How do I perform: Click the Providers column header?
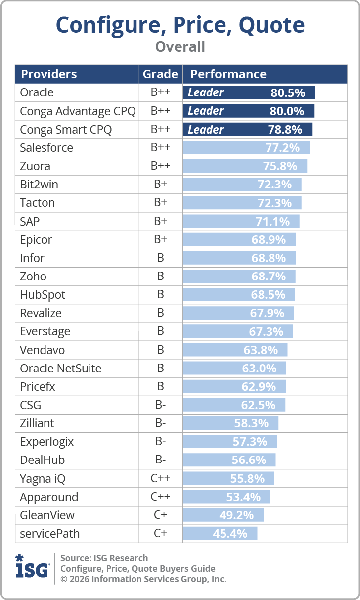point(49,74)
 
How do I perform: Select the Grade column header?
point(160,74)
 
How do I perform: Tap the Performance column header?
point(228,74)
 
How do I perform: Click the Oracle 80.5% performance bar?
point(249,92)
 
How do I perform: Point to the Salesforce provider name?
point(46,148)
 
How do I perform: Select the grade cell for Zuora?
point(160,166)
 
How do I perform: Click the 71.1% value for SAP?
point(272,222)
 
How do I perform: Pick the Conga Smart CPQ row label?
point(66,130)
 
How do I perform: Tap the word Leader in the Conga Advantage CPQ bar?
point(205,111)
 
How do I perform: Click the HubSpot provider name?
point(43,295)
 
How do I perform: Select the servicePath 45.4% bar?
point(220,534)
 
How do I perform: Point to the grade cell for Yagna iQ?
point(160,478)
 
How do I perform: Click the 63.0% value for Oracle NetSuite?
point(259,369)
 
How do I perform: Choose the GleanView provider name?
point(47,515)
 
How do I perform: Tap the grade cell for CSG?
point(160,405)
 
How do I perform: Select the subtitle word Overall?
point(180,46)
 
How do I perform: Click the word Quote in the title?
point(271,25)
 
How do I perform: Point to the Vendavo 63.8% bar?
point(235,350)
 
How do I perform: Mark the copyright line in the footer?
point(143,579)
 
